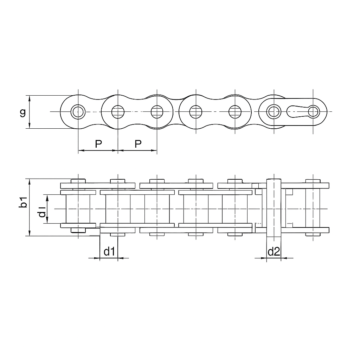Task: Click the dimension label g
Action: click(x=22, y=113)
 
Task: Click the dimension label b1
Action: click(x=23, y=202)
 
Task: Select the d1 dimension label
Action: click(x=109, y=251)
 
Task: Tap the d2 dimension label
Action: click(x=274, y=251)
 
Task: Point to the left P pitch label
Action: click(x=98, y=144)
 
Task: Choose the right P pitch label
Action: click(x=138, y=144)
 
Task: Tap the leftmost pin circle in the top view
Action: click(x=78, y=112)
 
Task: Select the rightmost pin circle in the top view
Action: click(x=314, y=112)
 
